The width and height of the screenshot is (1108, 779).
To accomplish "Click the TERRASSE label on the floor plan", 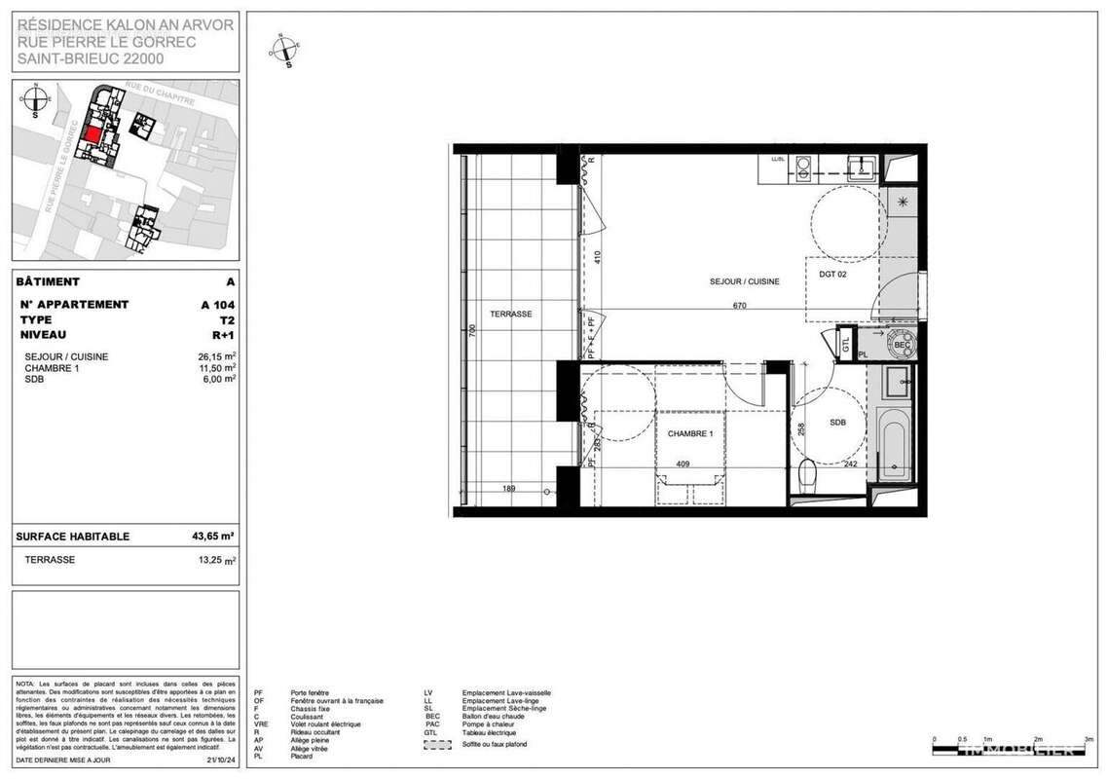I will coord(511,314).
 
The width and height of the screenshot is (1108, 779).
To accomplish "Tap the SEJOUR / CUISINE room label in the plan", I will coord(744,280).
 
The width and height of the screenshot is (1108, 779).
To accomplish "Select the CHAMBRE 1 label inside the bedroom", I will coord(689,433).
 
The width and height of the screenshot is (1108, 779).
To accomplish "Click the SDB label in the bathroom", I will coord(838,423).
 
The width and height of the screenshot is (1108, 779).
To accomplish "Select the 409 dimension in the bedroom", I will coord(683,464).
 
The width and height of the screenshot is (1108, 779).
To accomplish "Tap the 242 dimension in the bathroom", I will coord(849,464).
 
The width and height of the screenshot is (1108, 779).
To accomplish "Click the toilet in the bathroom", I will coord(806,477).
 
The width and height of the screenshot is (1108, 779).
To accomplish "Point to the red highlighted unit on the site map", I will coord(92,134).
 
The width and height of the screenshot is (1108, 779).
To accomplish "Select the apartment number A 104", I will coord(218,304).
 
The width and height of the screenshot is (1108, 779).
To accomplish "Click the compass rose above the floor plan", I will coord(285,49).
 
